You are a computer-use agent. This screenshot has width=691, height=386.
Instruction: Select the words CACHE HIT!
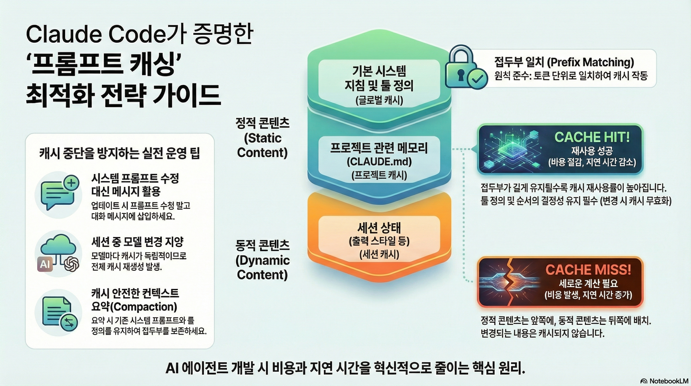[x=592, y=137]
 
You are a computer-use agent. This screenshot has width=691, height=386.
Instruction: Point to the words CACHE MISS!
[x=588, y=269]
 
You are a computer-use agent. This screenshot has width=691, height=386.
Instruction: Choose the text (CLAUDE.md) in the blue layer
[x=379, y=162]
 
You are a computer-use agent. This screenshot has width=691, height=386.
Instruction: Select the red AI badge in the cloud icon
[x=45, y=264]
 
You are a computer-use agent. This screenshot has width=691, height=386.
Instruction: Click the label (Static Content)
[x=262, y=145]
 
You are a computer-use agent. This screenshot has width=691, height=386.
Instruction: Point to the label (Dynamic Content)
[x=262, y=267]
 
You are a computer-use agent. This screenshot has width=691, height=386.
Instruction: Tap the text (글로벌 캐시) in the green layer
[x=379, y=100]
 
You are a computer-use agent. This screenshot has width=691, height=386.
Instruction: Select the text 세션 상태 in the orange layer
[x=379, y=228]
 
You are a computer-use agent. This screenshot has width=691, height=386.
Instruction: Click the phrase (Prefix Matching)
[x=590, y=62]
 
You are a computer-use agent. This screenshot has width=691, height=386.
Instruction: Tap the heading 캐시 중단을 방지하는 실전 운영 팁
[x=120, y=154]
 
